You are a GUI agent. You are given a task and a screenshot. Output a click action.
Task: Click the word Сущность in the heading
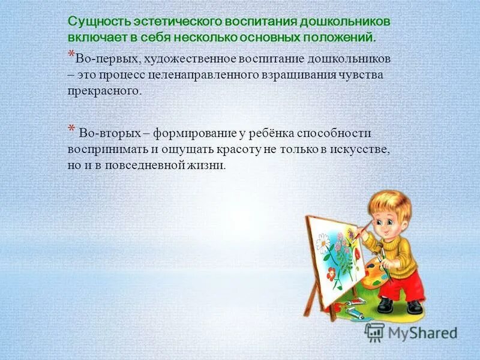pos(94,22)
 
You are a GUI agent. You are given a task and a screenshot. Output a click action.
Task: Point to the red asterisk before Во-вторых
pos(71,129)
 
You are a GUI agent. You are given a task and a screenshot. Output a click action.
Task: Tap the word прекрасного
pos(105,91)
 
